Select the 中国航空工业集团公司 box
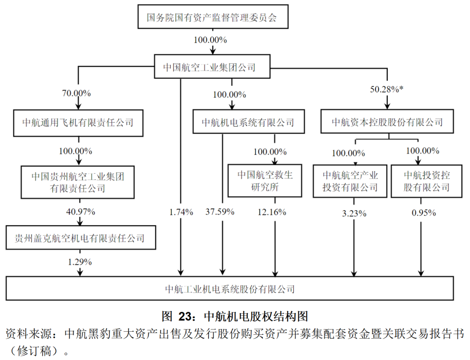[x=212, y=67]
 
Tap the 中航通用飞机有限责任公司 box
[x=78, y=122]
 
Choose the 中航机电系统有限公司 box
[x=248, y=122]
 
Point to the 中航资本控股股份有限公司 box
[x=387, y=122]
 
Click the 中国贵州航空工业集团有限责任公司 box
[x=78, y=182]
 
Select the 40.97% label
[x=79, y=212]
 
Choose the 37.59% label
[x=220, y=212]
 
